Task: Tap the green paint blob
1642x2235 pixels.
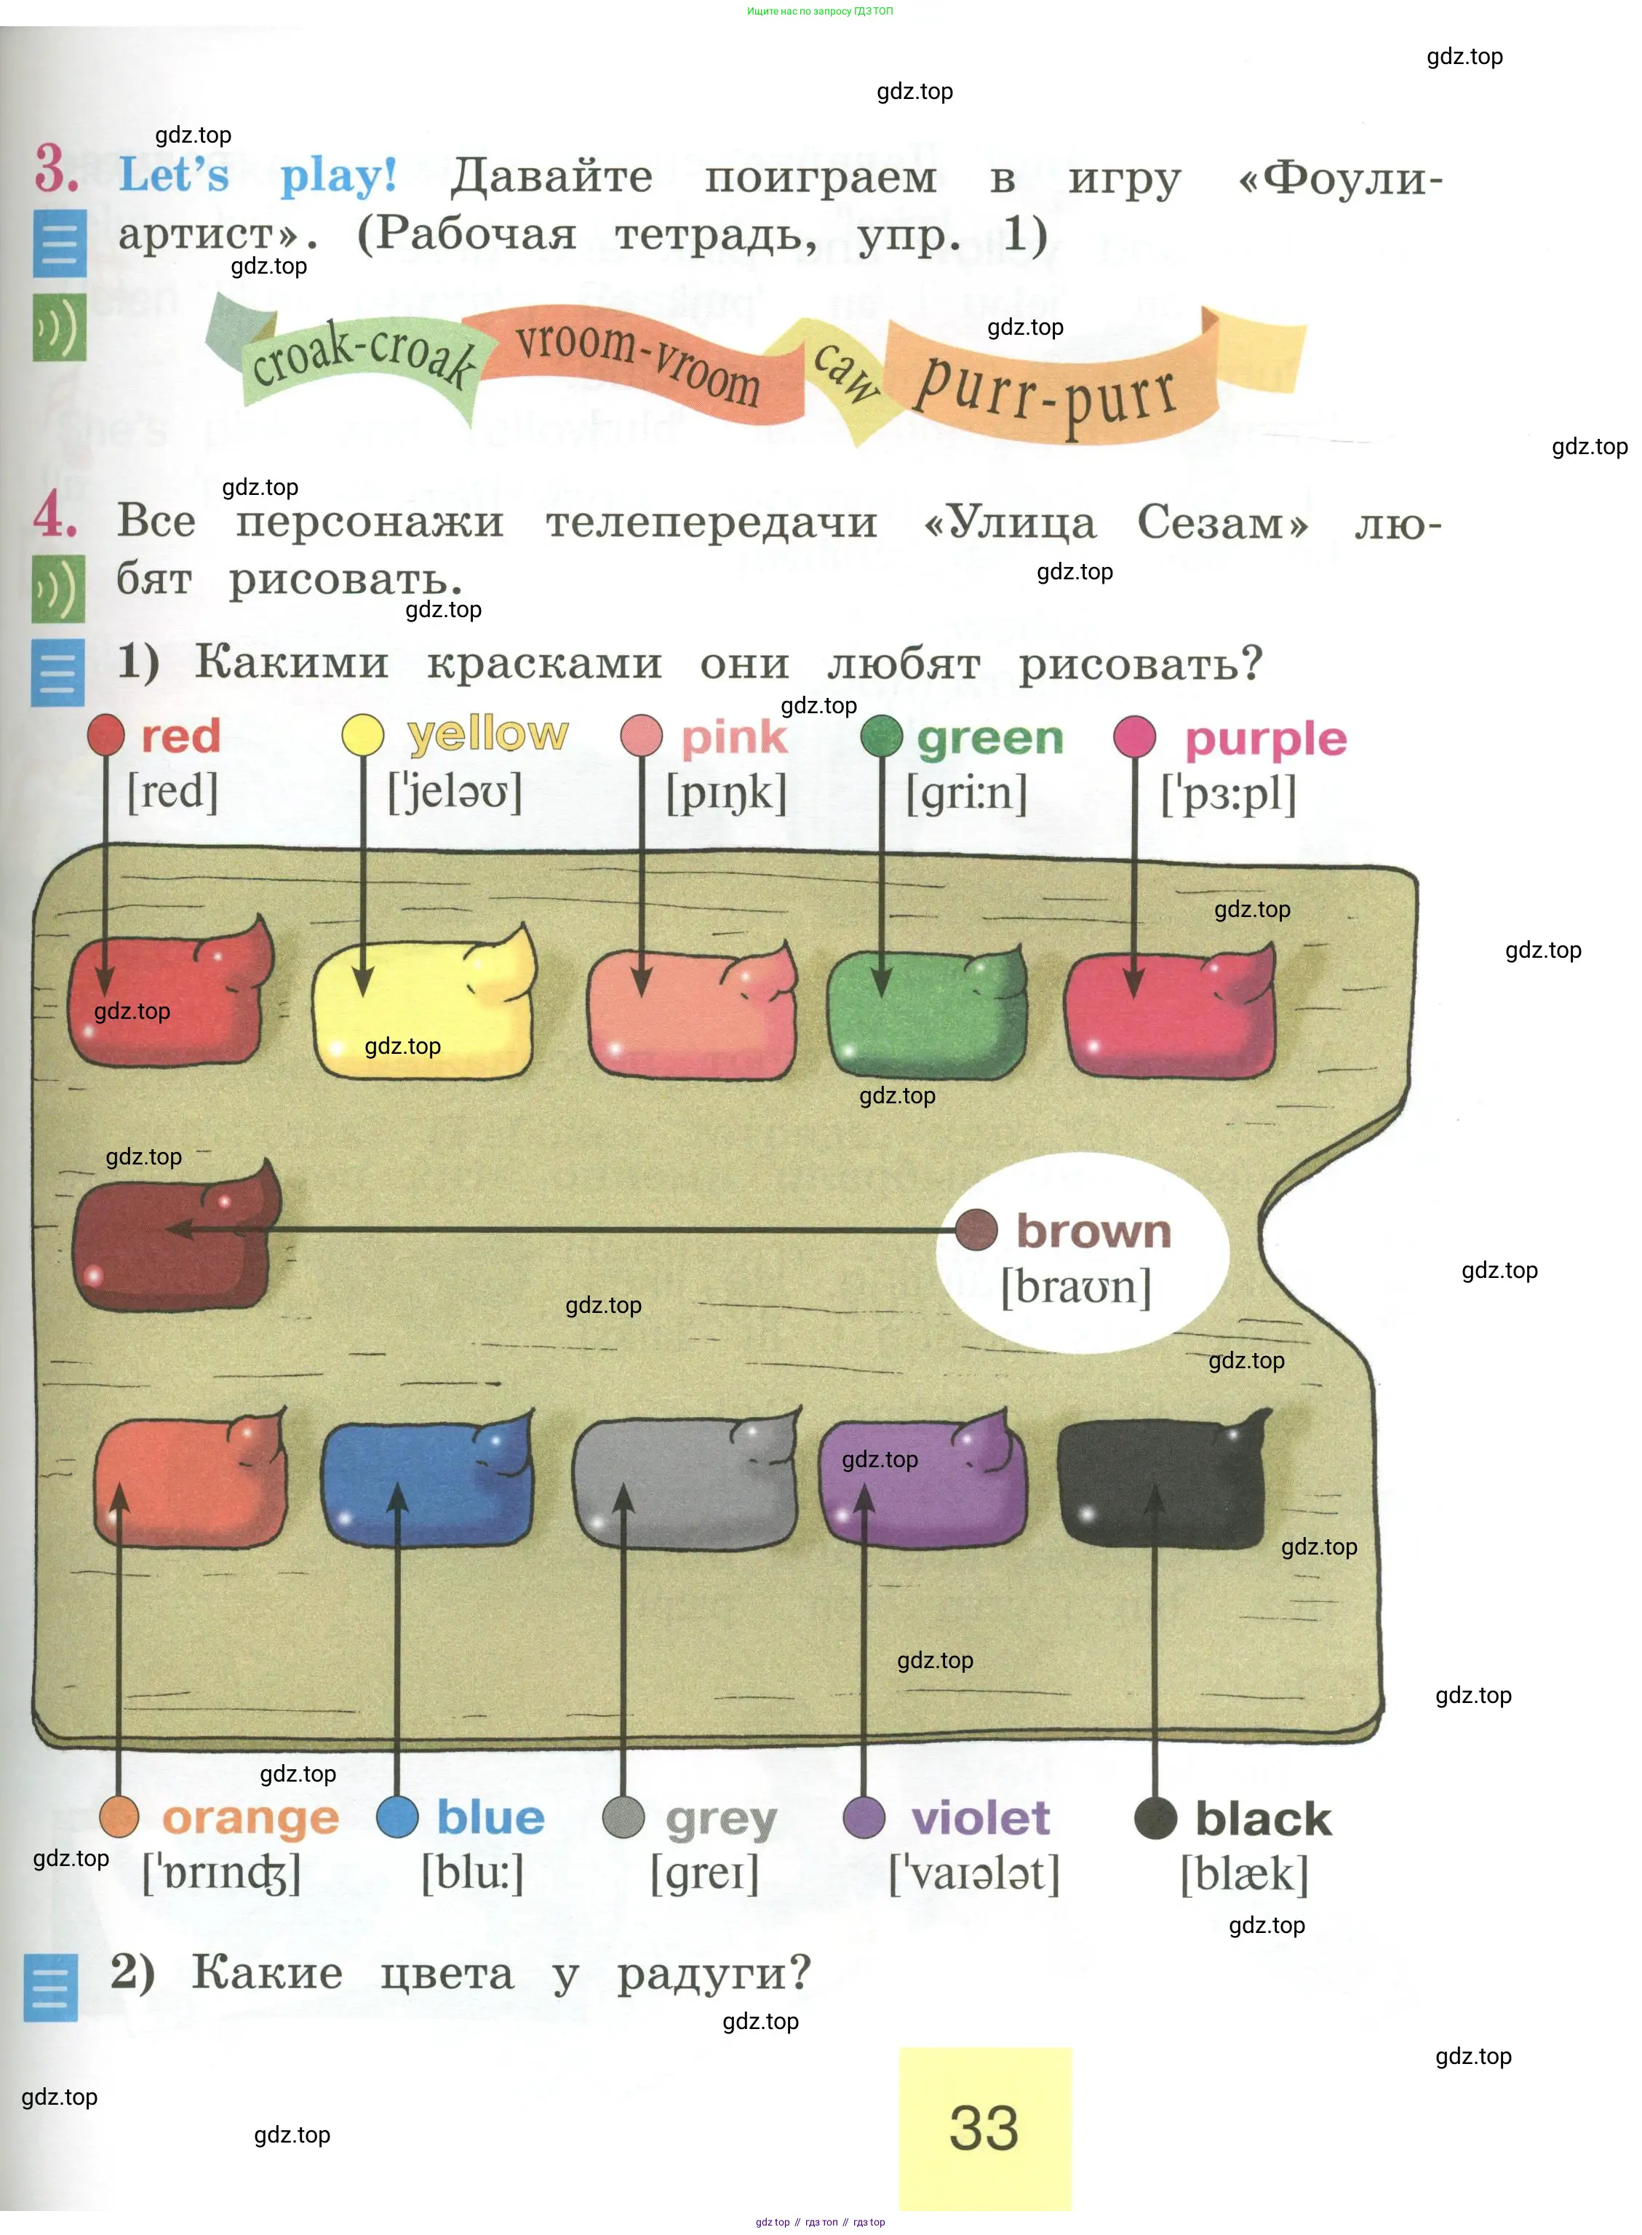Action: (x=925, y=1014)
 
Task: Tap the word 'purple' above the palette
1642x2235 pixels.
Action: (x=1265, y=739)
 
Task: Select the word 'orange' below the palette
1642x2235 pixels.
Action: (x=250, y=1819)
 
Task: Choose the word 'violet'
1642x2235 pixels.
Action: (x=980, y=1819)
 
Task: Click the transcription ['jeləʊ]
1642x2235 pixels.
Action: (x=455, y=793)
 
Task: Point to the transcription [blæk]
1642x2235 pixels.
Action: (x=1243, y=1875)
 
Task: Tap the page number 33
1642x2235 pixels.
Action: (x=984, y=2127)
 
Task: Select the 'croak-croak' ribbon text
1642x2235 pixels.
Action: (x=363, y=356)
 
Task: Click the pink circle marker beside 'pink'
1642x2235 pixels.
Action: (x=641, y=737)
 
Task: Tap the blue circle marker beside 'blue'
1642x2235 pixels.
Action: (x=397, y=1817)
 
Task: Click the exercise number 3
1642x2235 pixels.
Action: (x=56, y=169)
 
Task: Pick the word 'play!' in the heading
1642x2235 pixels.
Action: (x=338, y=177)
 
